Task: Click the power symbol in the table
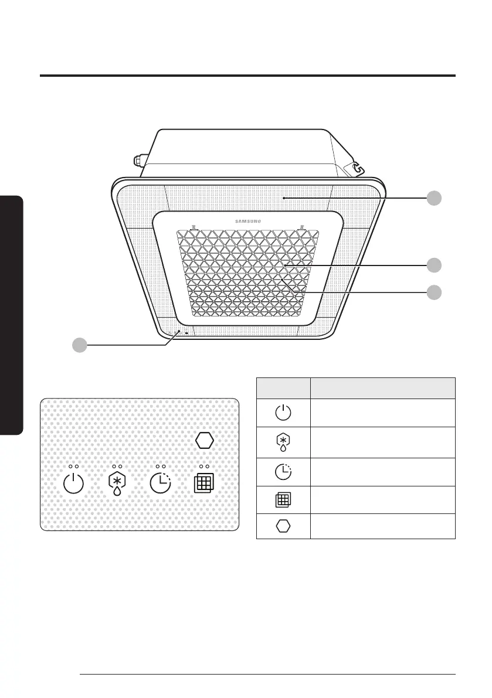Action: pos(283,413)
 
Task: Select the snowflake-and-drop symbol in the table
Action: pos(283,443)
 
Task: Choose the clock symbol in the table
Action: pos(283,472)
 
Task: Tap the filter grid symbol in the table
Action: pos(283,500)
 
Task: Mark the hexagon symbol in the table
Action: pos(283,526)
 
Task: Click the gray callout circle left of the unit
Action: pos(80,346)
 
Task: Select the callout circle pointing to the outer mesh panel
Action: pos(434,198)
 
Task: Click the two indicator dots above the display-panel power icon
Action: pos(74,466)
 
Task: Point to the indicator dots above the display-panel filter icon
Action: pos(204,466)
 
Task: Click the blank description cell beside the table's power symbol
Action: pos(383,413)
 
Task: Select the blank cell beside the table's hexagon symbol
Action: pos(383,526)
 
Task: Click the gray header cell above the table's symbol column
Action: pos(283,388)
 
